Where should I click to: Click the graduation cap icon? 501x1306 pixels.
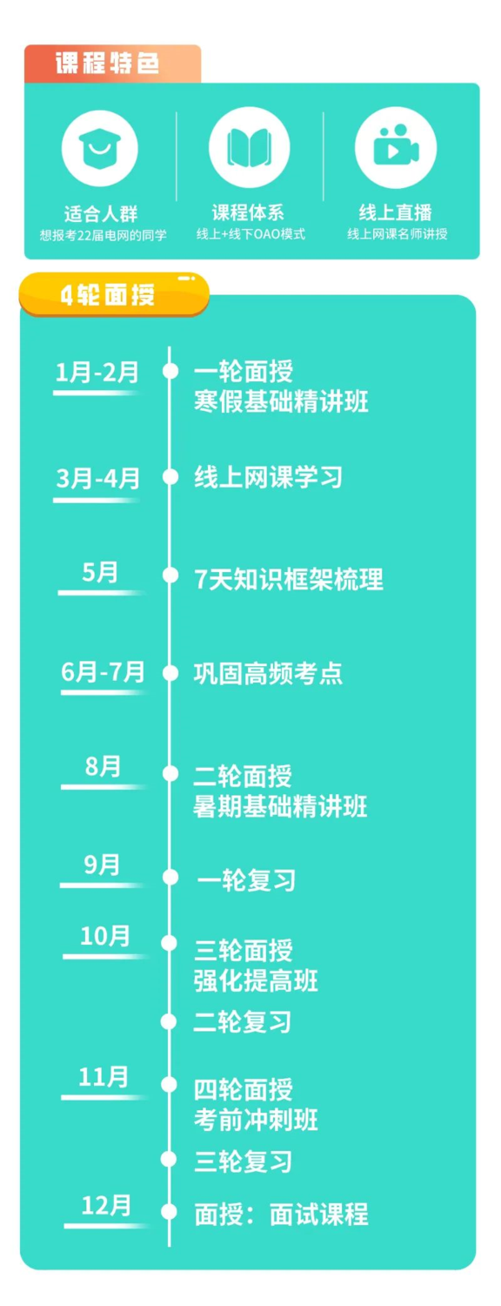(x=100, y=148)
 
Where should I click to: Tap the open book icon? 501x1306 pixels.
(x=249, y=147)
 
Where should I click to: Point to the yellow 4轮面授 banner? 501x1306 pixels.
(x=114, y=294)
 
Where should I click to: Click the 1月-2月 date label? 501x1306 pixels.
(x=97, y=372)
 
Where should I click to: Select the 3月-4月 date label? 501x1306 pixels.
(x=98, y=479)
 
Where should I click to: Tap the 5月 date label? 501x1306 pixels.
(x=100, y=573)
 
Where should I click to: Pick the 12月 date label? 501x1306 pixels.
(x=106, y=1205)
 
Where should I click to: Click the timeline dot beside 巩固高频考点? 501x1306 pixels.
(x=170, y=673)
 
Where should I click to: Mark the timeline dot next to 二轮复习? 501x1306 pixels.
(x=169, y=1021)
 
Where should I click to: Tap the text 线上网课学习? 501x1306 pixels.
(x=268, y=477)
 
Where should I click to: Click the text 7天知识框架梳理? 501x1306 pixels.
(x=289, y=580)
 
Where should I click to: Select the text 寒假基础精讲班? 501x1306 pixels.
(x=281, y=401)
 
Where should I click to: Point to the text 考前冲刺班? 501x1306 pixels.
(x=256, y=1120)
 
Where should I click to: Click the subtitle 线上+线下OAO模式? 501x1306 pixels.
(x=250, y=234)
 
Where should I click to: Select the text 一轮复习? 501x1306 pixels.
(x=246, y=880)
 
